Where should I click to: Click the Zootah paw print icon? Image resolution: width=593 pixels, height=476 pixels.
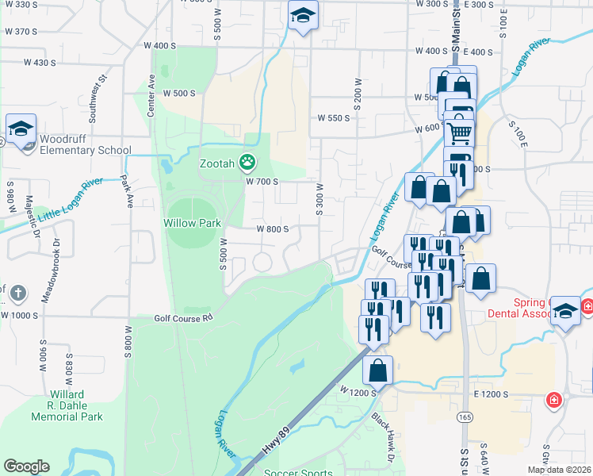pos(247,163)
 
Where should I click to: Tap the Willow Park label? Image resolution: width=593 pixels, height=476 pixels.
pos(193,223)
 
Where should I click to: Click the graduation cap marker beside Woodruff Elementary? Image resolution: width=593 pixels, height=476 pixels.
pos(21,129)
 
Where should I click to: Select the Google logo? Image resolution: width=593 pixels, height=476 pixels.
pos(26,466)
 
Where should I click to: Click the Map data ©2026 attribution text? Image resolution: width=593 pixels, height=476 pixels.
pos(560,470)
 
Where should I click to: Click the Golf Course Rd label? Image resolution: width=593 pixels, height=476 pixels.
pos(184,317)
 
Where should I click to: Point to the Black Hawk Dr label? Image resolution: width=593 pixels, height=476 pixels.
pos(382,436)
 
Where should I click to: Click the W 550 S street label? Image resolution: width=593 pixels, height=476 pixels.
pos(334,117)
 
